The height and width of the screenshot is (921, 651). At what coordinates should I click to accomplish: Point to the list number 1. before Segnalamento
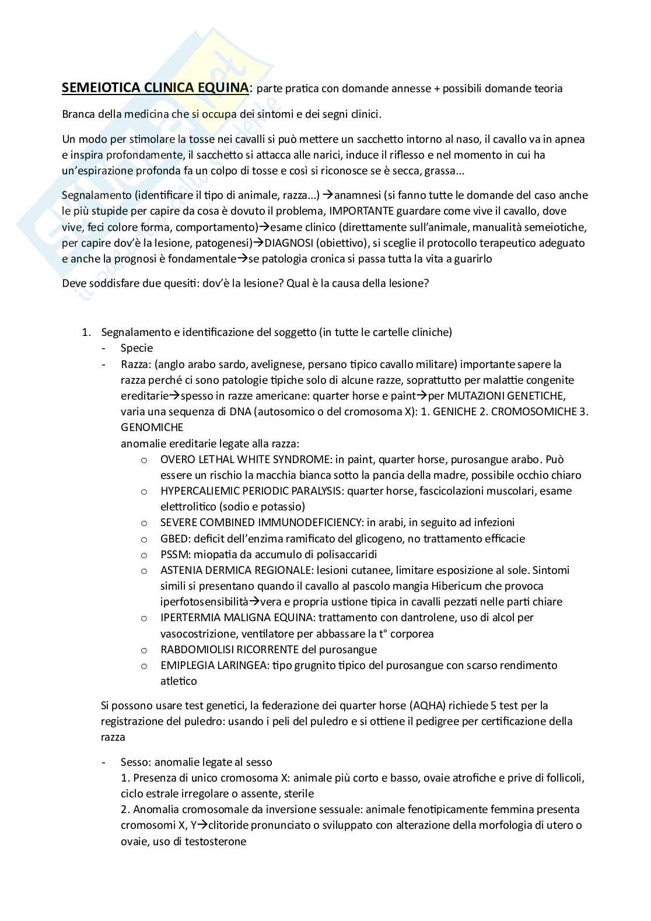tap(86, 332)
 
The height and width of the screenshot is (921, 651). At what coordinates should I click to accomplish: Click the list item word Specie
tap(136, 348)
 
